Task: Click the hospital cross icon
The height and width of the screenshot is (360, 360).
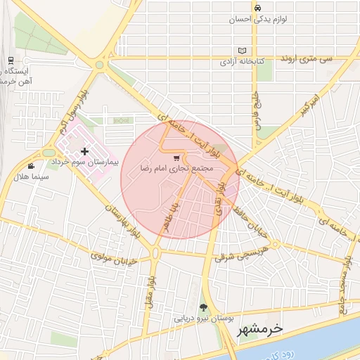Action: [x=85, y=151]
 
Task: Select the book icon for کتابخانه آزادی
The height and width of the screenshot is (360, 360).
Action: [x=243, y=51]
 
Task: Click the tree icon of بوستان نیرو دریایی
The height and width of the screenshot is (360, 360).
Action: [x=203, y=307]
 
